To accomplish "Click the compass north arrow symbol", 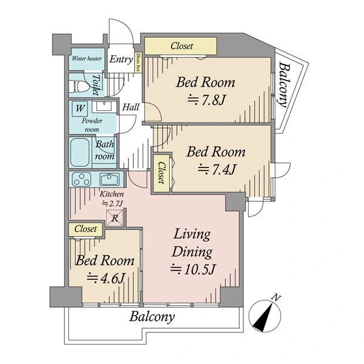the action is [265, 315].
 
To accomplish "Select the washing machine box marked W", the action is [80, 109].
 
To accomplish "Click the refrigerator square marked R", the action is [115, 218].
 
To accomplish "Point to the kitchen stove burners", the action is [81, 179].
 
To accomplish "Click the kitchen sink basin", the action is [109, 179].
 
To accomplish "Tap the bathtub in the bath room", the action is [79, 152].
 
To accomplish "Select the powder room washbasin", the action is [104, 107].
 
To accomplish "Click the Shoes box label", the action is [138, 62].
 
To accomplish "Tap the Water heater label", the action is [87, 58].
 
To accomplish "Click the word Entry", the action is [121, 59].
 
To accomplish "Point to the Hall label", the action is [130, 107].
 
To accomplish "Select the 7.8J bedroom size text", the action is [206, 100].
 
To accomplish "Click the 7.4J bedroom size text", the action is [217, 169].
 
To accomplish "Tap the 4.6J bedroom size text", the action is [106, 278].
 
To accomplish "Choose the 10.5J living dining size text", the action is [193, 269].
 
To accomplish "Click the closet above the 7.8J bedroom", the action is [181, 46].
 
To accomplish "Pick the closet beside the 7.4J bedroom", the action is [161, 172].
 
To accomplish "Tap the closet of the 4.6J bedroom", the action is [86, 229].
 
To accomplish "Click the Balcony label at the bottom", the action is [152, 317].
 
